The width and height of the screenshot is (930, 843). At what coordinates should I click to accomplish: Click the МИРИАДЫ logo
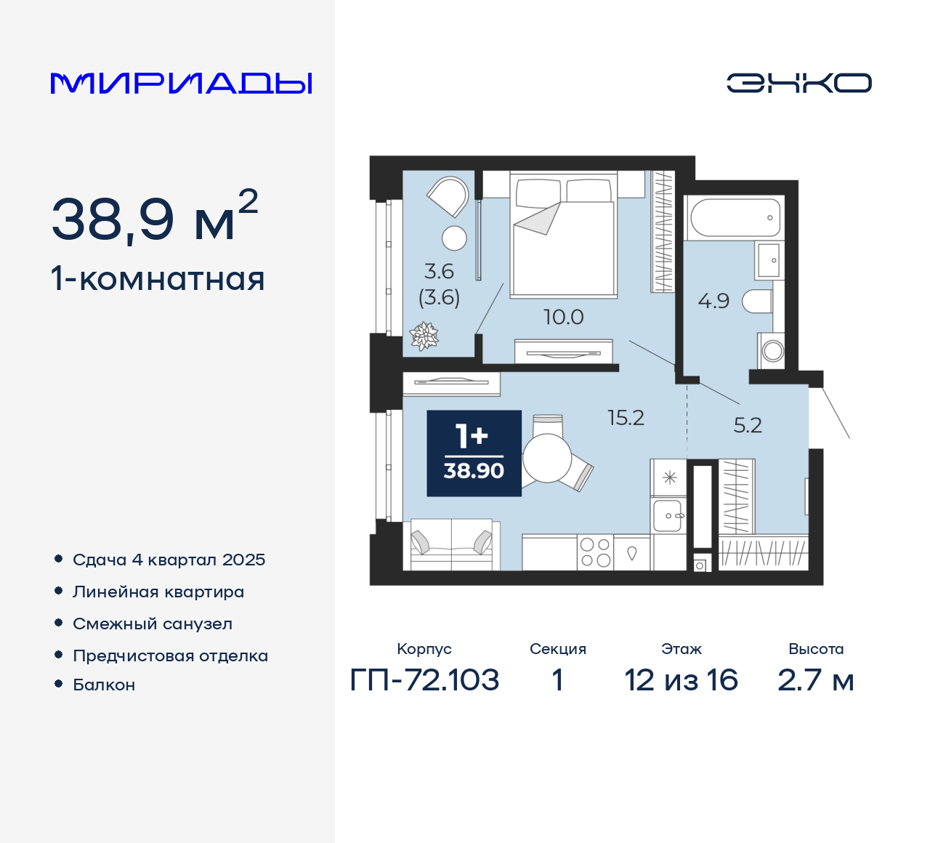click(181, 84)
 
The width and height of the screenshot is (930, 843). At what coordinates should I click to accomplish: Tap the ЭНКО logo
click(798, 83)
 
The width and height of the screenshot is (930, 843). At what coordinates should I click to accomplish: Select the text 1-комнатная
click(158, 279)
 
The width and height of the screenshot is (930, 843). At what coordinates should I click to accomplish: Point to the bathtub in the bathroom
click(735, 217)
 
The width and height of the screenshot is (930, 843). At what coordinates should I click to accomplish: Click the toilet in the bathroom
click(757, 301)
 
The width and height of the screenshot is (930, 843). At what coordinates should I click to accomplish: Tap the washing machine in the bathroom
click(772, 351)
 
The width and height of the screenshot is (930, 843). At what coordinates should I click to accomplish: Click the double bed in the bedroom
click(563, 236)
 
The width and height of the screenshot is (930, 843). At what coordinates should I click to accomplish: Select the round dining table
click(546, 458)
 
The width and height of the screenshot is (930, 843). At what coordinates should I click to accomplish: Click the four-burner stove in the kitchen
click(595, 553)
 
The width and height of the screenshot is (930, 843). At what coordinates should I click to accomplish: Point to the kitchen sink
click(668, 515)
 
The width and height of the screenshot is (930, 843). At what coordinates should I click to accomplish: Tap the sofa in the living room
click(451, 545)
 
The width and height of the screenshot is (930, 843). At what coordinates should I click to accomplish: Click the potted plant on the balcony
click(424, 336)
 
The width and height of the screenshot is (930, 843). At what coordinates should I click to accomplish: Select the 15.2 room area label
click(626, 418)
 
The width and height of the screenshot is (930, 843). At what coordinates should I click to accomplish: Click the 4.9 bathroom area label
click(713, 301)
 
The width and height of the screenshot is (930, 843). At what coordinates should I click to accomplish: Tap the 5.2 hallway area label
click(747, 425)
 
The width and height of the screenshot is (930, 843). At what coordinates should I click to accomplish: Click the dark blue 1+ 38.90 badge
click(474, 453)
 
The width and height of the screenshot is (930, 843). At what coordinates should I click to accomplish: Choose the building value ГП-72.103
click(424, 680)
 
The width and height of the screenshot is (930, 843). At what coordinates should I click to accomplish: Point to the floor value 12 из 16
click(681, 680)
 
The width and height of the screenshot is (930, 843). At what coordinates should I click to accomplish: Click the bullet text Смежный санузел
click(153, 624)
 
